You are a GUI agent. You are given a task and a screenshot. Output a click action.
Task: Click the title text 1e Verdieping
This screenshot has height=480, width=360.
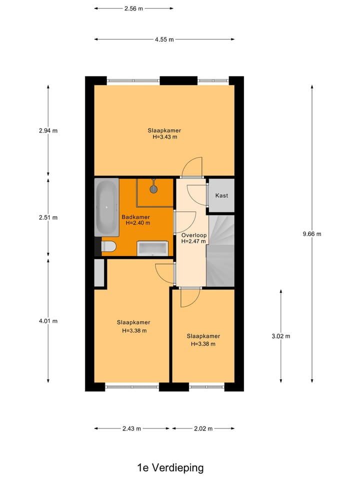click(x=170, y=468)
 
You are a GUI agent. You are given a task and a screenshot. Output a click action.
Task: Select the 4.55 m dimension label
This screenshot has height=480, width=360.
click(x=164, y=39)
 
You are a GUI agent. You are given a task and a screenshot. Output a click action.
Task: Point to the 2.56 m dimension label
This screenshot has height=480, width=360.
click(x=133, y=8)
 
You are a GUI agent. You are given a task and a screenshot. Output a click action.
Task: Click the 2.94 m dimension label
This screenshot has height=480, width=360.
click(x=48, y=131)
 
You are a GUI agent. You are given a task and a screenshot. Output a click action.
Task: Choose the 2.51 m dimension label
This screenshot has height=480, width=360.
click(x=48, y=217)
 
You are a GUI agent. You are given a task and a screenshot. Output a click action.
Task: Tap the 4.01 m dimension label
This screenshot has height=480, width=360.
click(x=48, y=321)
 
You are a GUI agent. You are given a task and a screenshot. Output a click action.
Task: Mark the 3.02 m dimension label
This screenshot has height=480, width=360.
click(x=280, y=336)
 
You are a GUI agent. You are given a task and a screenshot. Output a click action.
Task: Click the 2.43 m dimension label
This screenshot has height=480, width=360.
click(x=132, y=428)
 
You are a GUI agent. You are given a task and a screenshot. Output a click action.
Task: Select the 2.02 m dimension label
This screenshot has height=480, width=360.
click(x=203, y=428)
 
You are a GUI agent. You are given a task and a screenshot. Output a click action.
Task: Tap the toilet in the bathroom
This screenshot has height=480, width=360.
click(x=108, y=246)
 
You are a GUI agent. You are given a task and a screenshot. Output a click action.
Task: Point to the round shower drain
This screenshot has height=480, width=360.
click(x=153, y=189)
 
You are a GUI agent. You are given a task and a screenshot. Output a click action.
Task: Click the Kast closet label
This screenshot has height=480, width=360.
click(x=221, y=195)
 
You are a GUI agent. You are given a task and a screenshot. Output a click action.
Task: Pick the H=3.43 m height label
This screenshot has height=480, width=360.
click(x=164, y=137)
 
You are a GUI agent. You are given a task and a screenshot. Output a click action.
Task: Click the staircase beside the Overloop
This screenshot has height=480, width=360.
click(x=220, y=250)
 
